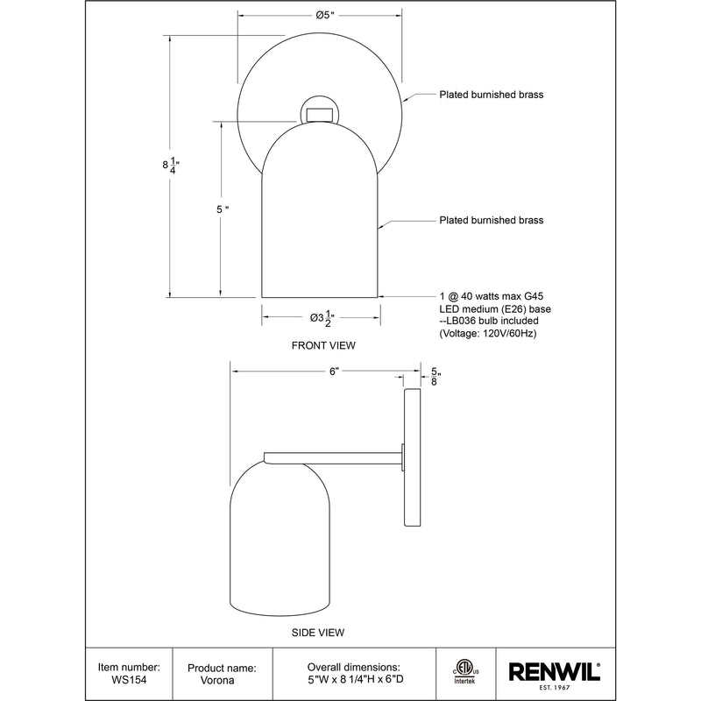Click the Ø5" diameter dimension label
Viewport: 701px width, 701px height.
[320, 15]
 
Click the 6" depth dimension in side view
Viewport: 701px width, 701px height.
[334, 372]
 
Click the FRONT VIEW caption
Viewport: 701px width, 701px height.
[323, 345]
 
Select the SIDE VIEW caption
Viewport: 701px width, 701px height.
[317, 632]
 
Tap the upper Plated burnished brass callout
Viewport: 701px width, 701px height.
[491, 95]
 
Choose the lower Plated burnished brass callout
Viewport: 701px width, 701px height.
[491, 221]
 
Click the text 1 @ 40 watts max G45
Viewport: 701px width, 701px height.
[492, 297]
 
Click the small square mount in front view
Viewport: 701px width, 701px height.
[320, 113]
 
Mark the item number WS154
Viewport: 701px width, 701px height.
[129, 679]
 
